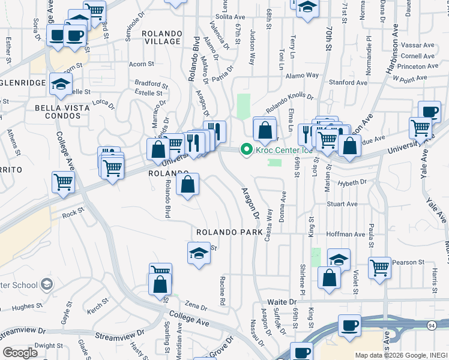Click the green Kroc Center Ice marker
pos(246,149)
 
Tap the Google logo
pos(20,353)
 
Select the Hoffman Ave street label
pos(346,234)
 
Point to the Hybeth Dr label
pos(352,182)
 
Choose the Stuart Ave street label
pos(342,204)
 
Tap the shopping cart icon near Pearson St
pos(379,268)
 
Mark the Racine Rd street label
pos(222,290)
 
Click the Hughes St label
pos(24,307)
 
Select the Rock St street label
pos(71,212)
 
